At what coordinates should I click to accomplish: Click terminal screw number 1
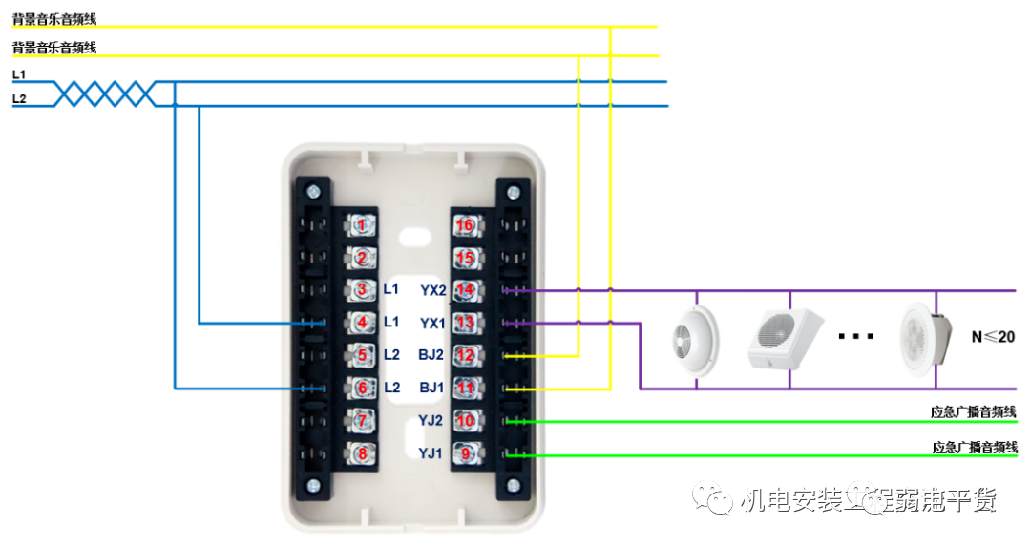point(361,224)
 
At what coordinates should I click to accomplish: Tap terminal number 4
point(361,323)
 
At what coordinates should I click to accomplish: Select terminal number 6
point(361,388)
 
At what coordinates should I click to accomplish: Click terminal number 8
point(361,453)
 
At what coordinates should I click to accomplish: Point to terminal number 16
point(465,225)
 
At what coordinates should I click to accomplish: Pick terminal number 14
point(465,289)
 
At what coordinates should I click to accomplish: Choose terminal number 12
point(465,355)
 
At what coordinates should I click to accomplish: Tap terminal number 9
point(465,453)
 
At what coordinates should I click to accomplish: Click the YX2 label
point(432,289)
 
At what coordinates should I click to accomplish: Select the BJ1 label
point(431,388)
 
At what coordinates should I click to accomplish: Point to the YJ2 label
point(431,420)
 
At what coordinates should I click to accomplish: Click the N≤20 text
point(992,336)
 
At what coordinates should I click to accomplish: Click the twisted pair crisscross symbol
point(104,94)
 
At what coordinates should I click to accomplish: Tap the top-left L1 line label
point(19,73)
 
